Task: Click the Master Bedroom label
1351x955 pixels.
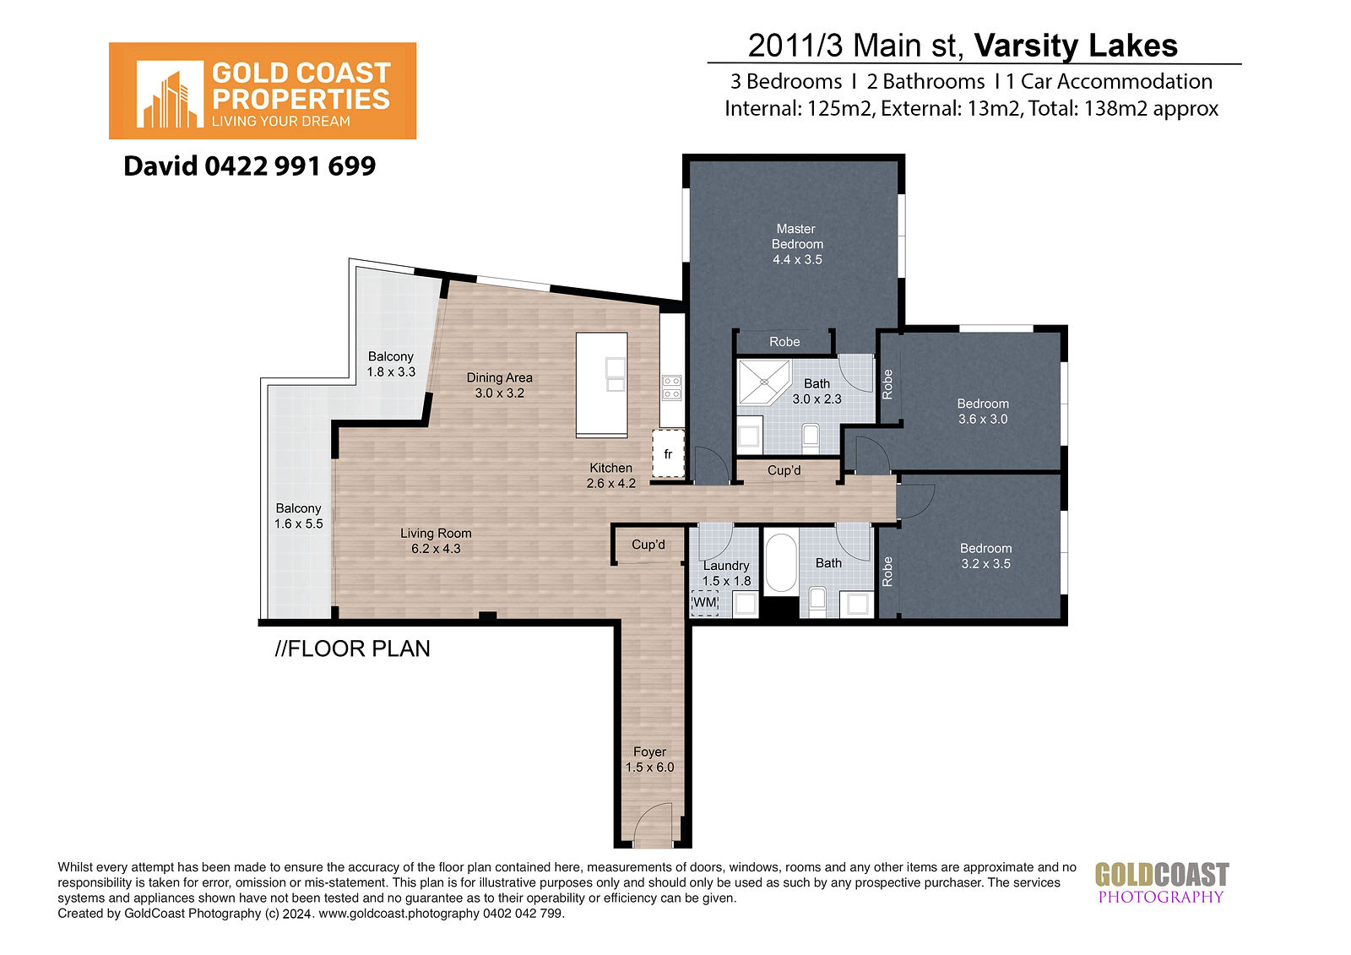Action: pos(797,244)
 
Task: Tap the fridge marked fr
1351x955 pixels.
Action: pos(668,453)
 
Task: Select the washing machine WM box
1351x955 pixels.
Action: pos(704,603)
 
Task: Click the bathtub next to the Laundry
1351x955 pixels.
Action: pos(781,563)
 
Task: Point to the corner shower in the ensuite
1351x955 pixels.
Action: pos(764,382)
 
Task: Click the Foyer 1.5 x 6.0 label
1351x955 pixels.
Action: pos(649,760)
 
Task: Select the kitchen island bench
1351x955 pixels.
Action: pos(601,384)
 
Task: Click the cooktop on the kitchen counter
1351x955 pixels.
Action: pos(672,388)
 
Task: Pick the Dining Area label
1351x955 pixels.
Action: pos(499,385)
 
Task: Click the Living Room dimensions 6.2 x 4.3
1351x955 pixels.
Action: pos(436,549)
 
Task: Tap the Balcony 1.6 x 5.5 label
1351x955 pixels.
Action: pos(299,516)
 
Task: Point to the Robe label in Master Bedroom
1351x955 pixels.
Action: pos(784,342)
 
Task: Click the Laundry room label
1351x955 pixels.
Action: pos(726,566)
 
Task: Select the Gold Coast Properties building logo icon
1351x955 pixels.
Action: pos(170,94)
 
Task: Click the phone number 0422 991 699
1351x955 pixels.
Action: pos(290,165)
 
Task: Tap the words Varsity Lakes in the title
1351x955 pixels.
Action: pos(1076,46)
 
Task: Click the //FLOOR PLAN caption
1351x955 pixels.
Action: pos(352,648)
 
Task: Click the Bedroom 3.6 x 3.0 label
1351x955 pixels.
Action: pos(983,411)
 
